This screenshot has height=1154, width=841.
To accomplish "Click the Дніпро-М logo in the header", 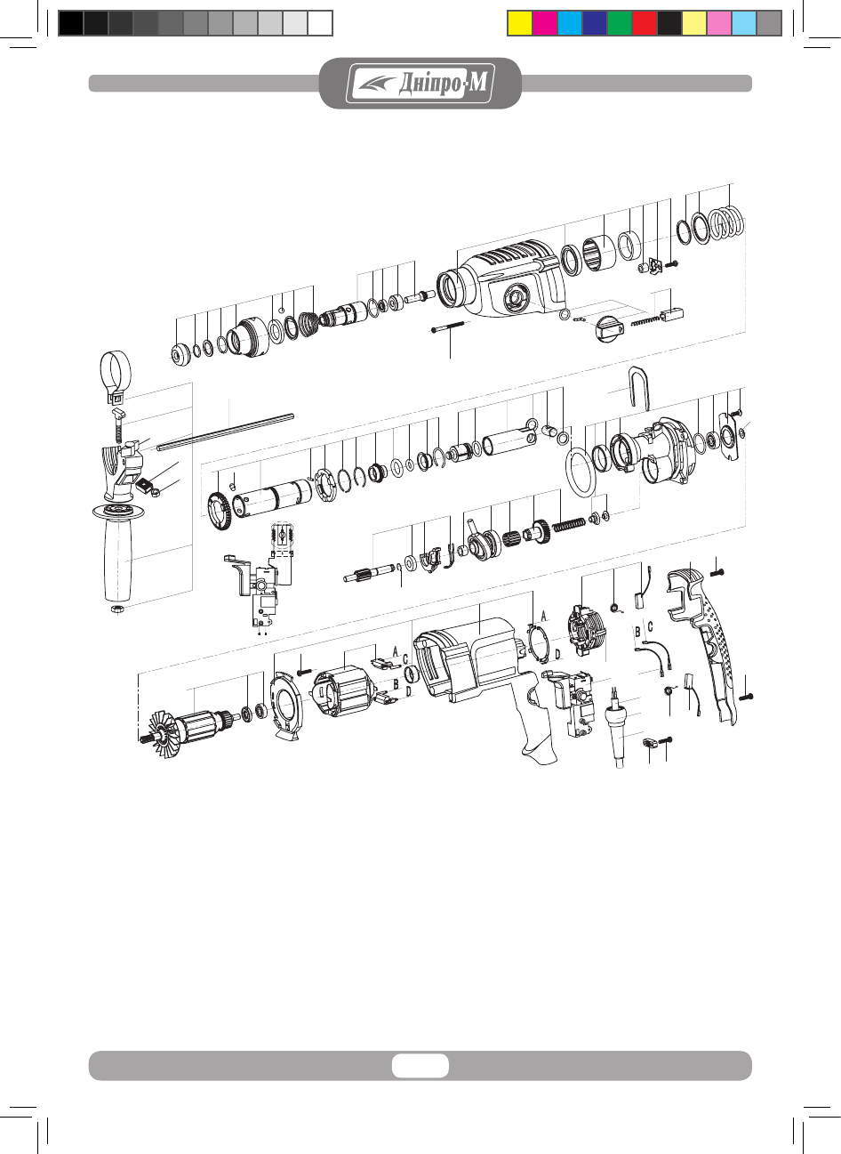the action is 420,83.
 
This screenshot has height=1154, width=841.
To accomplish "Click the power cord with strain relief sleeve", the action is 617,726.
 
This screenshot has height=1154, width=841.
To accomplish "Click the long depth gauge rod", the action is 225,432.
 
